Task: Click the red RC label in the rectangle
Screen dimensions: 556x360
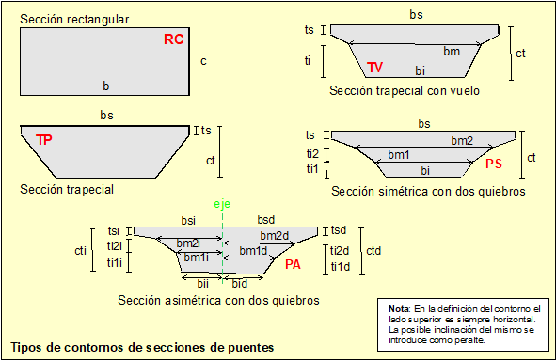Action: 174,39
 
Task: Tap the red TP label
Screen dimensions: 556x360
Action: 44,140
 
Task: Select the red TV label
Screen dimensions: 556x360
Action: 374,67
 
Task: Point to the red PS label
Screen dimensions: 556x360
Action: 494,164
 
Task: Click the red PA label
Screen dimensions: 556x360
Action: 293,264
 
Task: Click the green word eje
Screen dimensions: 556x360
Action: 222,204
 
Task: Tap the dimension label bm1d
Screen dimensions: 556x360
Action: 253,251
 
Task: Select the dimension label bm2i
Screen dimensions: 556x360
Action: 188,243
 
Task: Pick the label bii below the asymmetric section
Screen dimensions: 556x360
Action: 203,284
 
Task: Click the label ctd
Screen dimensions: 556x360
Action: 373,251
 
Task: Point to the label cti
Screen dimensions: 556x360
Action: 81,251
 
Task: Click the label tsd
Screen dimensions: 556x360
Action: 339,230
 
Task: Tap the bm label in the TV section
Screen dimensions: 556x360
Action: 452,52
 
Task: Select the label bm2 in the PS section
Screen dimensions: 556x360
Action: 462,141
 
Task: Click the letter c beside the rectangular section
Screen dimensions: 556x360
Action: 203,61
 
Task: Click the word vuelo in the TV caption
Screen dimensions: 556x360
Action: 465,91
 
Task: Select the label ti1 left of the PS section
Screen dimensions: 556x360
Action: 312,169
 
